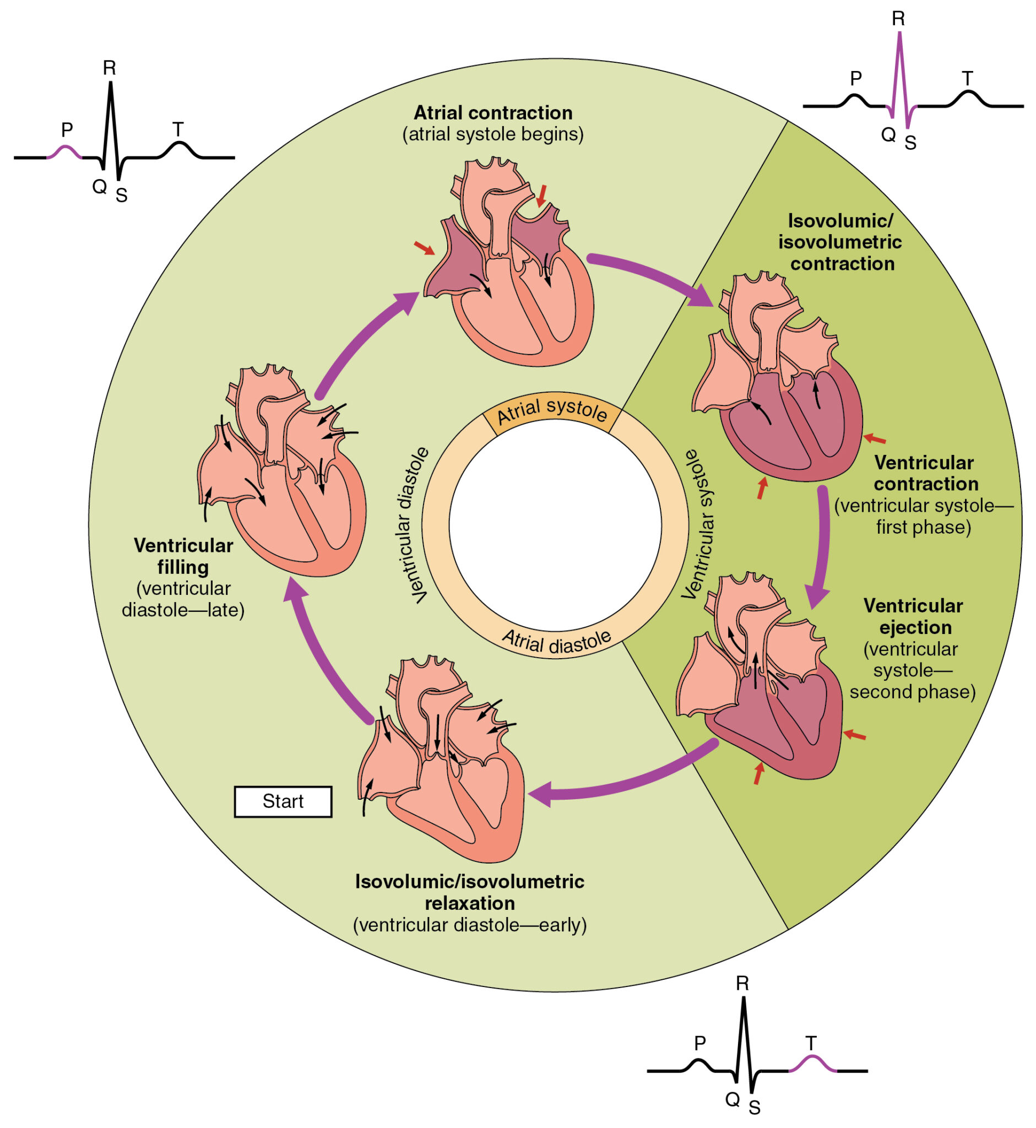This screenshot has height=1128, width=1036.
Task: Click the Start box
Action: (283, 801)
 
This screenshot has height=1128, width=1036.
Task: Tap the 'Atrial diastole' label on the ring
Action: (556, 642)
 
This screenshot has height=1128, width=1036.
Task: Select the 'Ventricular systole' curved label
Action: (698, 524)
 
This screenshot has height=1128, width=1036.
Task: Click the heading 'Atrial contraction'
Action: (493, 113)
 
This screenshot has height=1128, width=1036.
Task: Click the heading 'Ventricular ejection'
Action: (913, 616)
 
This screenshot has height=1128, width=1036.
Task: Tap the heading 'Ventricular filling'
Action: (183, 556)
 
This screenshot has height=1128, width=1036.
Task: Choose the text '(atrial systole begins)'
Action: (493, 134)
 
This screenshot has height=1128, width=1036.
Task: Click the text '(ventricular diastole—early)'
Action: (469, 925)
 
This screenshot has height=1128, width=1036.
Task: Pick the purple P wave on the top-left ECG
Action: (65, 150)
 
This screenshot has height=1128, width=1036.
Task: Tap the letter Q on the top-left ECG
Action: (99, 186)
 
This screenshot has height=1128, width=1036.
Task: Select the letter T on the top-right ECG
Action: (967, 79)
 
